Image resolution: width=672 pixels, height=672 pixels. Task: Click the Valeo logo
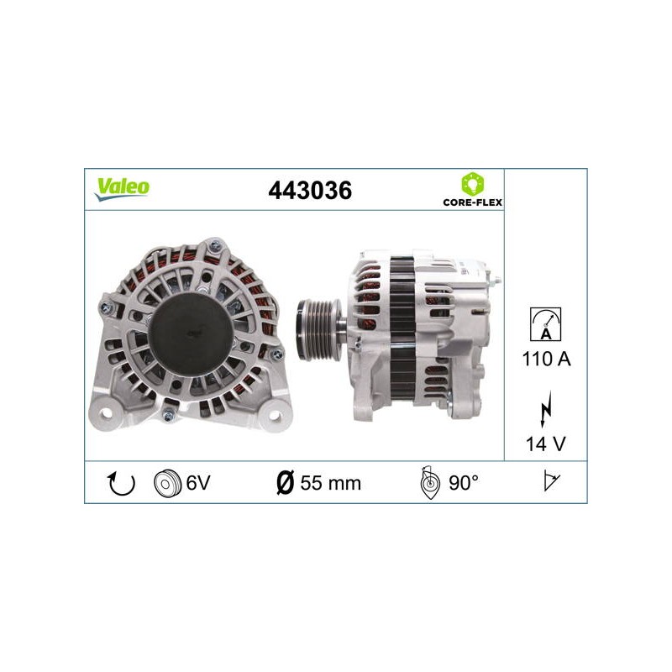[122, 189]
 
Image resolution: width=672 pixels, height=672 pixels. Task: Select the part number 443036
[310, 191]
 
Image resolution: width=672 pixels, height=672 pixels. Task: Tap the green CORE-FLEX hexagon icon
[472, 184]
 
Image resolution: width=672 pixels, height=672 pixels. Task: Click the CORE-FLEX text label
[472, 202]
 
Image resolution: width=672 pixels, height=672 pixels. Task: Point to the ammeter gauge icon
[545, 324]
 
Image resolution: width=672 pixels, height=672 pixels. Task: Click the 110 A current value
[546, 359]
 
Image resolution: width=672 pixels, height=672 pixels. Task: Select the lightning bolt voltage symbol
[545, 409]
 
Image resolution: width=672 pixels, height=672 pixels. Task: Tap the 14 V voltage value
[545, 444]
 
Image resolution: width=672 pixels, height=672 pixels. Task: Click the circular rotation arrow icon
[121, 483]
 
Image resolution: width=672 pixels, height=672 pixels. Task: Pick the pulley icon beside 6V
[167, 484]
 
